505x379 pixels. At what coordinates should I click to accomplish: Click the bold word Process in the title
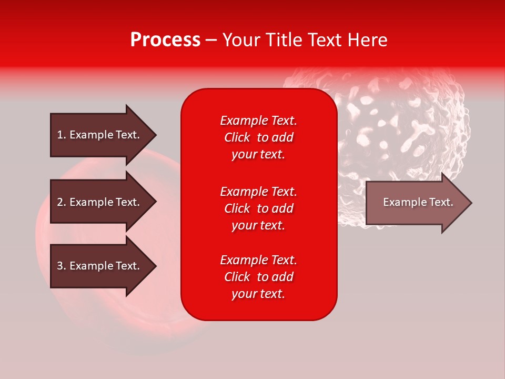pos(165,40)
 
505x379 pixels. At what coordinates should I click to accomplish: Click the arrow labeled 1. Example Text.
pos(98,135)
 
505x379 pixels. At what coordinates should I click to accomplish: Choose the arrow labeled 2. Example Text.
pos(98,202)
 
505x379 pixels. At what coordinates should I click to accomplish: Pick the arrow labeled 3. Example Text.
pos(98,266)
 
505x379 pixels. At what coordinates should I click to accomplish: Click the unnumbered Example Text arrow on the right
pos(418,202)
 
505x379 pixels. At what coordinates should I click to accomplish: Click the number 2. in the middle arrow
pos(62,202)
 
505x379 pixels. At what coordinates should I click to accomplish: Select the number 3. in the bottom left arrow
pos(62,266)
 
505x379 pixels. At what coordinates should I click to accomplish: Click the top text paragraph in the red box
pos(258,137)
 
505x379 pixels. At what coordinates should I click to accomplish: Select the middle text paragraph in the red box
pos(258,208)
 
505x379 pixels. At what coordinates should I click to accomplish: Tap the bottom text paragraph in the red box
pos(258,277)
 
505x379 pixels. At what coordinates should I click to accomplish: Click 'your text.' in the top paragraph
pos(258,155)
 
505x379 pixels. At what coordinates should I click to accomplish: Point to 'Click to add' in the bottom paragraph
pos(258,277)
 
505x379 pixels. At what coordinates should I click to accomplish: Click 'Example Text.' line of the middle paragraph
pos(258,192)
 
